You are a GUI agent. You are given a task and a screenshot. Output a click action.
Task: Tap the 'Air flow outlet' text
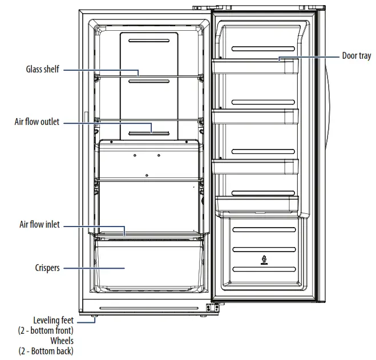37,122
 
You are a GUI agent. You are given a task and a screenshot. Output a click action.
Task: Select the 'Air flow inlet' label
39,225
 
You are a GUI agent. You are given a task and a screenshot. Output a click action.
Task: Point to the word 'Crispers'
47,268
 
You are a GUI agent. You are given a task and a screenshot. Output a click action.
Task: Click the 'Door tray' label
357,56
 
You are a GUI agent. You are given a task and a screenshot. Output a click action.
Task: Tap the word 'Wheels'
62,341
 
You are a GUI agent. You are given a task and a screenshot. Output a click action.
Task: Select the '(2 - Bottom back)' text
46,350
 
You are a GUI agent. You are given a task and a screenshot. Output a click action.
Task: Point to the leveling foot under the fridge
92,313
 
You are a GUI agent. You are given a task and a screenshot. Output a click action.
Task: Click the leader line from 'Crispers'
91,268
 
